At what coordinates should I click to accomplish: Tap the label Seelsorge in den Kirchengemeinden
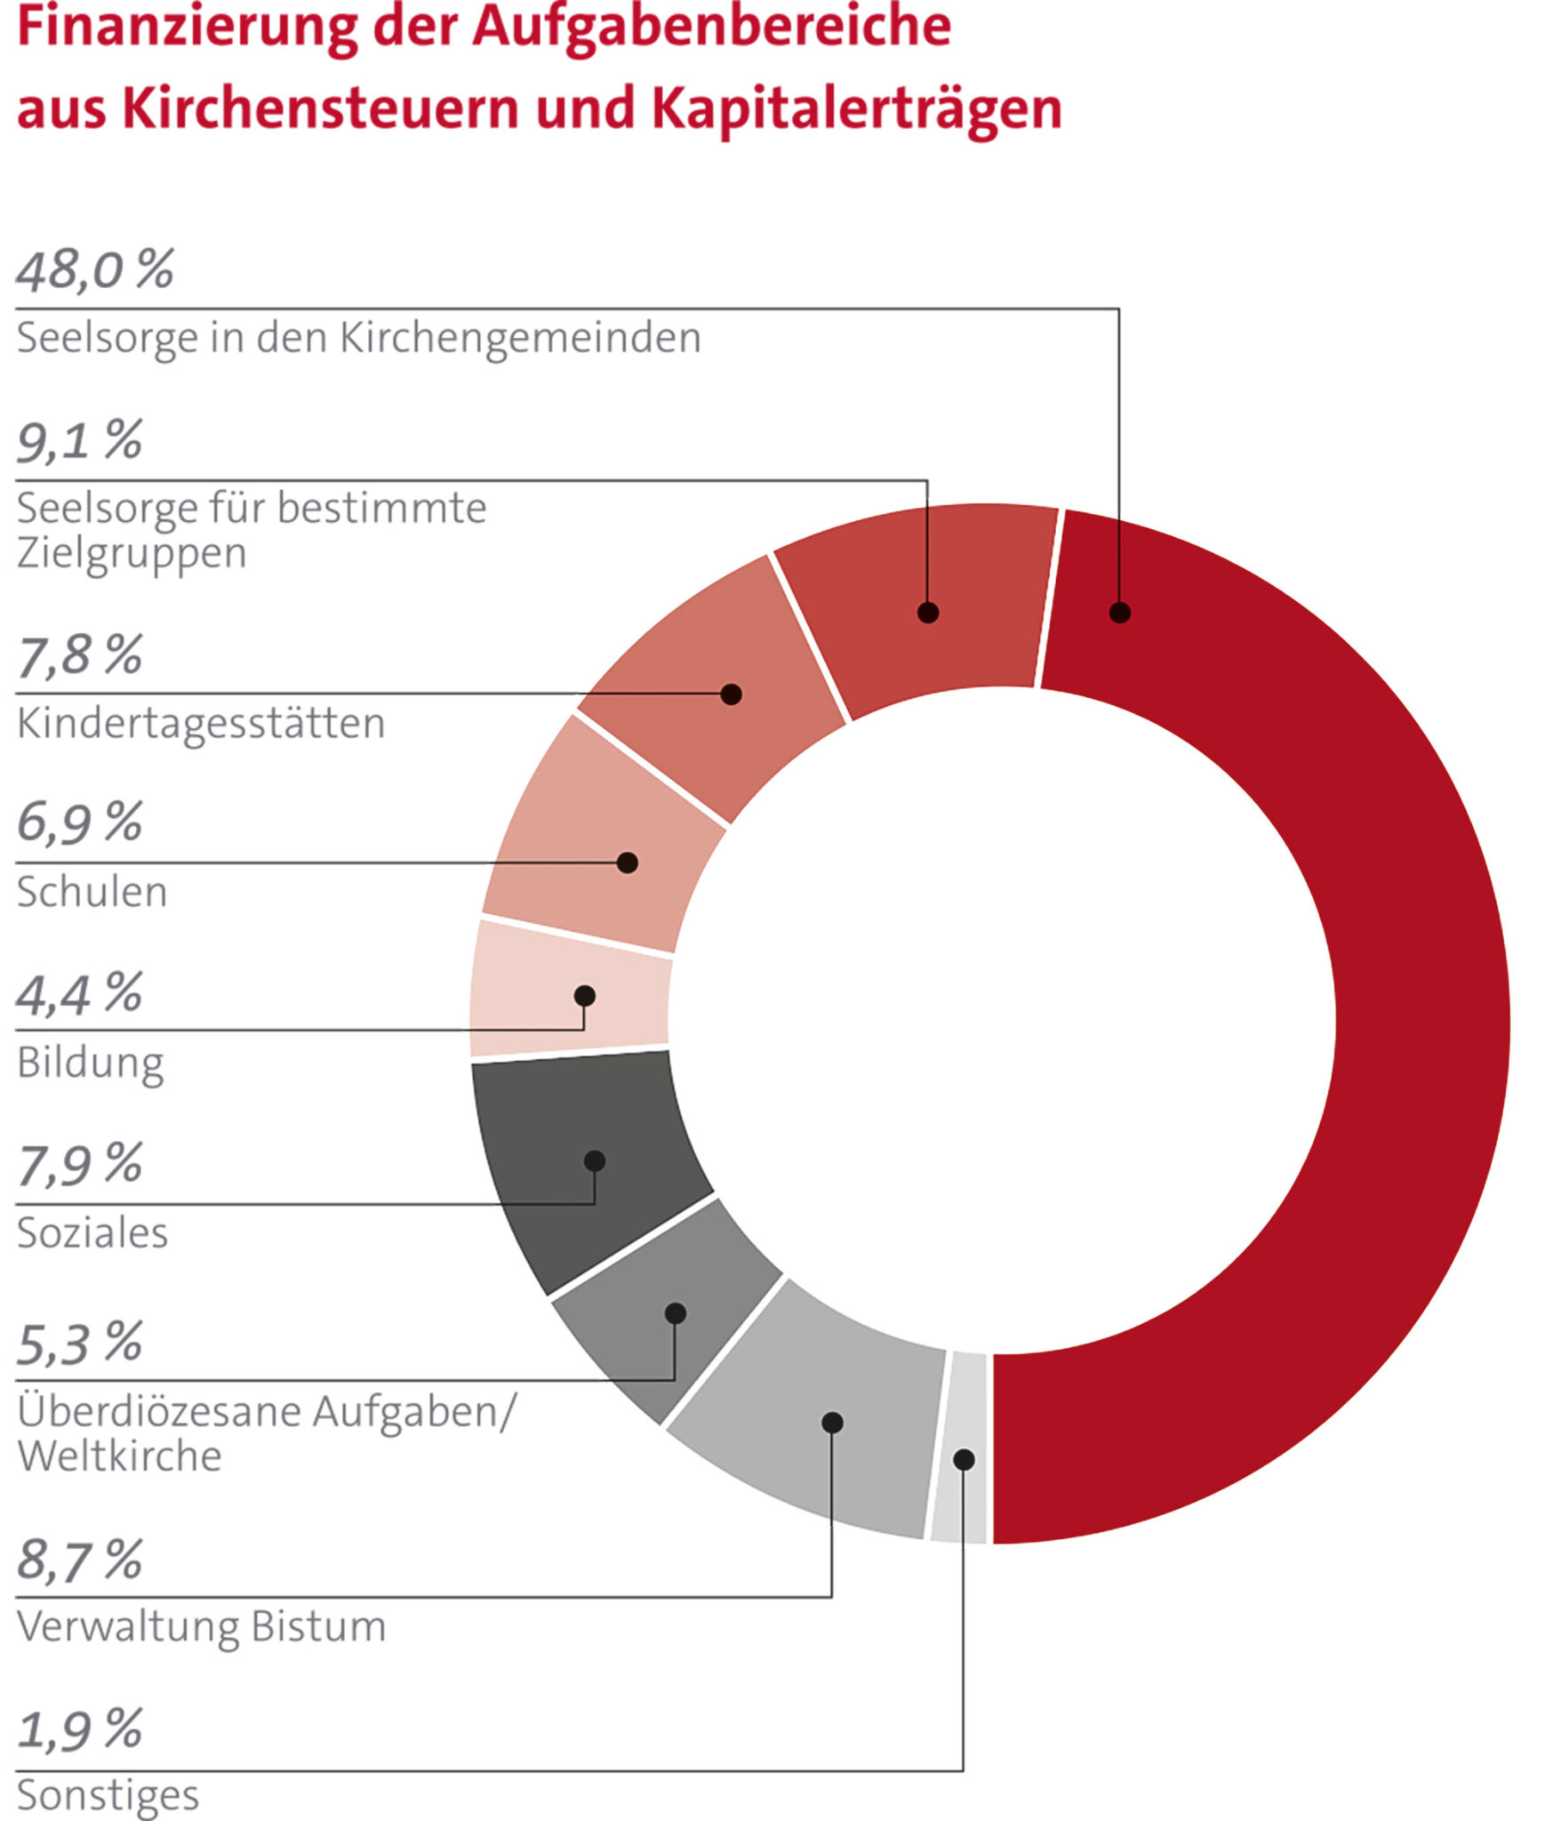[x=358, y=338]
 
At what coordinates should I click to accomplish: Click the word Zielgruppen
[x=132, y=553]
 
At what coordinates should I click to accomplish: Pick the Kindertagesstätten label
[x=201, y=723]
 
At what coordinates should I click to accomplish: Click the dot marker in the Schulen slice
[x=628, y=862]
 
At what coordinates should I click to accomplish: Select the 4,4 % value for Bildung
[x=79, y=993]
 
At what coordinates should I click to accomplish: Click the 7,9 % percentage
[x=79, y=1164]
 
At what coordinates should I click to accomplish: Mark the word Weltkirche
[x=119, y=1456]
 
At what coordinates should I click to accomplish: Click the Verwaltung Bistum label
[x=201, y=1626]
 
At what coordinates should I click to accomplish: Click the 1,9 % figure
[x=79, y=1730]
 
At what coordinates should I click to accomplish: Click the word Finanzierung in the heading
[x=187, y=27]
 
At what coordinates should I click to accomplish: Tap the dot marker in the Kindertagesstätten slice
[x=732, y=694]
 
